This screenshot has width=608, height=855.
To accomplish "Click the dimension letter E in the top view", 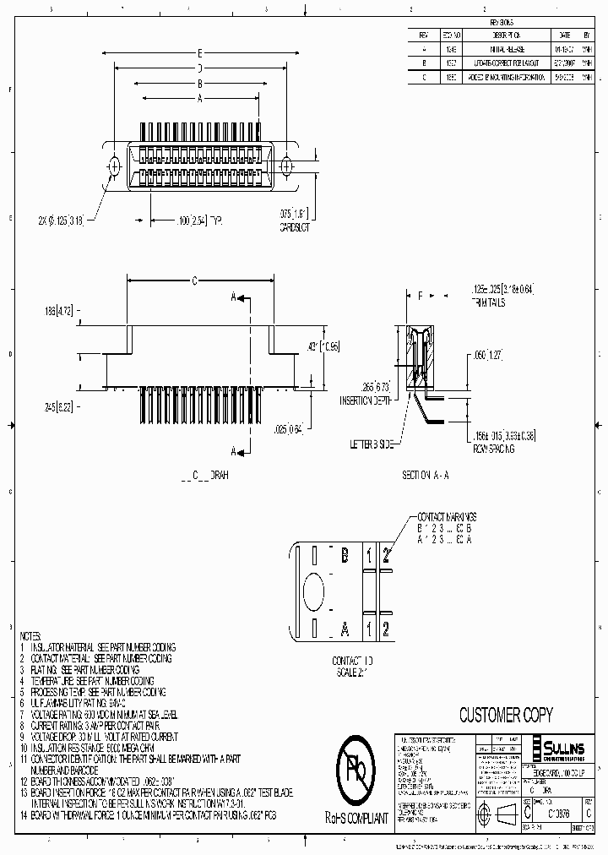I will [198, 52].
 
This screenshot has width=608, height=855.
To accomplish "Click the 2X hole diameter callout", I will [71, 221].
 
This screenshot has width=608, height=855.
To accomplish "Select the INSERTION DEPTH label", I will [365, 401].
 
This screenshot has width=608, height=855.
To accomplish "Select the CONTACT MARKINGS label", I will [447, 515].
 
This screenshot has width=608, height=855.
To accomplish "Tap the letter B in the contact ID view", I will [345, 555].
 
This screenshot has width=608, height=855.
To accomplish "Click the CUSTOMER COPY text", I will [505, 716].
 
